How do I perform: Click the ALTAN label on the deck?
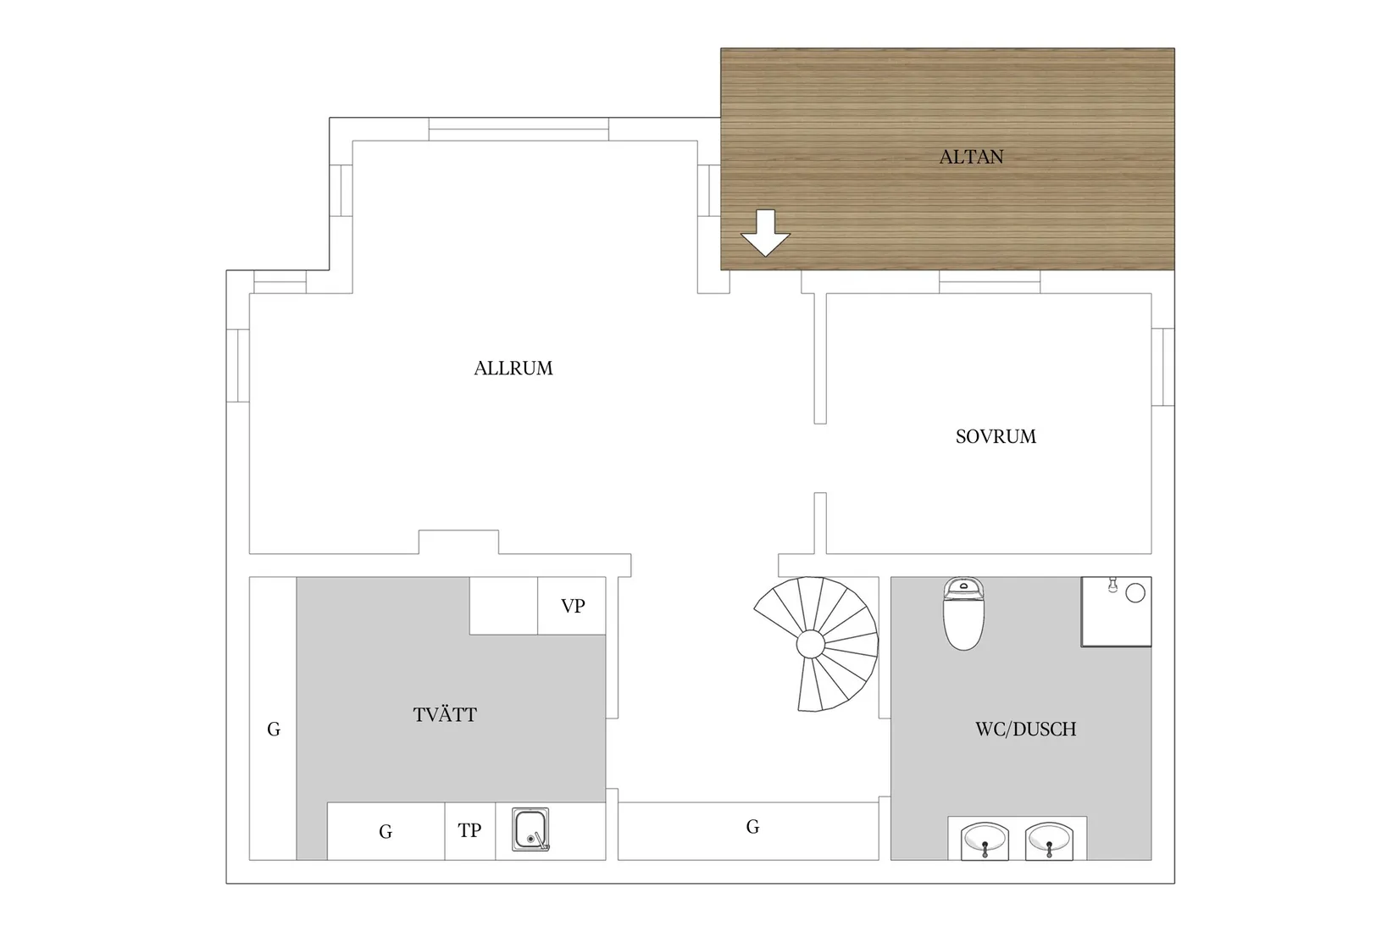click(x=971, y=157)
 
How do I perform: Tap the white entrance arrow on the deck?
click(x=765, y=233)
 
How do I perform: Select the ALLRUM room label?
click(x=513, y=369)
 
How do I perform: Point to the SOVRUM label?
click(x=996, y=436)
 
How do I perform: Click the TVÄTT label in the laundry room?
click(x=445, y=714)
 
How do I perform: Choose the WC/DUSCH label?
click(x=1025, y=730)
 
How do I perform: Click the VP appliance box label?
click(x=572, y=606)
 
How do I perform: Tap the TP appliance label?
click(x=469, y=830)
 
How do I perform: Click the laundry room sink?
click(x=530, y=829)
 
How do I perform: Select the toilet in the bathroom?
click(x=963, y=613)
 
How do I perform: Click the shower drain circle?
click(x=1135, y=593)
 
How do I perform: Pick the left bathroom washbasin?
click(x=985, y=840)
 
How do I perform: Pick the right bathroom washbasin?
click(x=1049, y=840)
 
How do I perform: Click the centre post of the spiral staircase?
click(x=811, y=644)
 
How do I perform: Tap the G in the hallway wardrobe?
click(x=752, y=827)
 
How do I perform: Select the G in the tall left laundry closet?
click(x=274, y=730)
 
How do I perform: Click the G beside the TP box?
click(x=386, y=831)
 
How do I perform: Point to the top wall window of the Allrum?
click(x=519, y=130)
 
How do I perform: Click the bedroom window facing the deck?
click(x=990, y=282)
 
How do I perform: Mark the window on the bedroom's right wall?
click(x=1163, y=367)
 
